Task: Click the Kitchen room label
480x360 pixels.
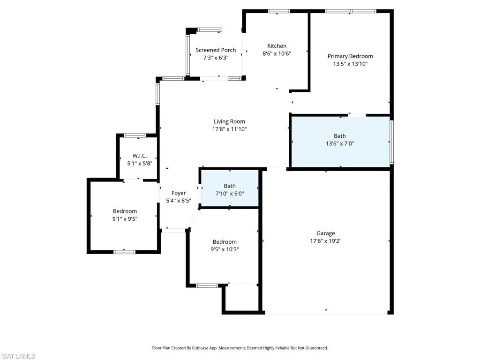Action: (277, 46)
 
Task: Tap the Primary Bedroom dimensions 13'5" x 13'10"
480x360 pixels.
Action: (350, 64)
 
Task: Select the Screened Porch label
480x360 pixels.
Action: (216, 50)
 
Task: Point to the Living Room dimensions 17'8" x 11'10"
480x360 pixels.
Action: (229, 129)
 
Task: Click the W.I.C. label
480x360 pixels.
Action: (140, 156)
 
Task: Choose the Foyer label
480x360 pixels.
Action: (179, 193)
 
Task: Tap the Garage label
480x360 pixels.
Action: (325, 233)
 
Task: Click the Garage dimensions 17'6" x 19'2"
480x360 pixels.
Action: (325, 241)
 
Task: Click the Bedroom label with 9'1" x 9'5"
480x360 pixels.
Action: (125, 211)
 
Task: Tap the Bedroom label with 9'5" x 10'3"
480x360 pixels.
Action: (225, 242)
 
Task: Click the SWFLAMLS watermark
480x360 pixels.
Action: (19, 356)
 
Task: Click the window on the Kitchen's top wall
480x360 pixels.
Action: (278, 11)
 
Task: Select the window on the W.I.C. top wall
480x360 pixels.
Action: (135, 135)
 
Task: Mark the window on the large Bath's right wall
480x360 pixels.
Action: (391, 142)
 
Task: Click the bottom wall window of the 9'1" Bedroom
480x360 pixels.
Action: (124, 252)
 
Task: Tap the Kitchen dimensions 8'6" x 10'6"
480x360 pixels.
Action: (277, 53)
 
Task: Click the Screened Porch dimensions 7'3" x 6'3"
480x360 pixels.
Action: (216, 58)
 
